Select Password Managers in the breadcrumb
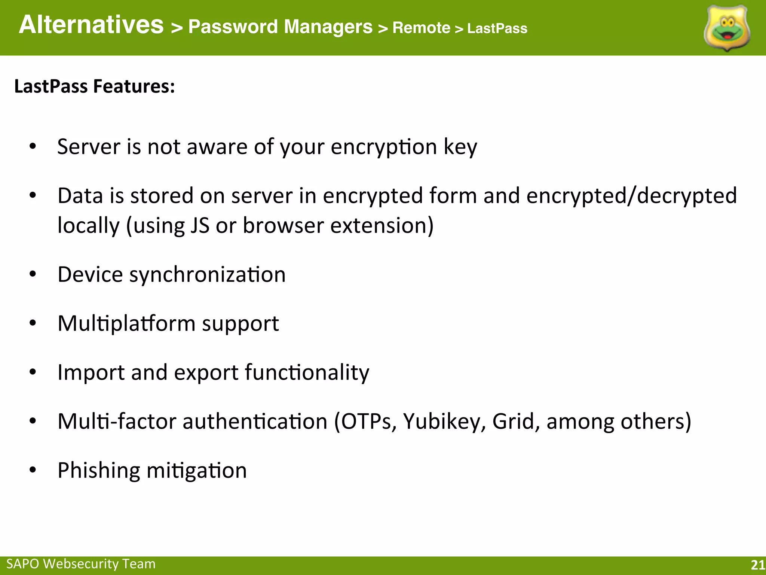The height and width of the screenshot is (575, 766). pos(280,27)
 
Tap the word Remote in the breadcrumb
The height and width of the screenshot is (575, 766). pos(421,28)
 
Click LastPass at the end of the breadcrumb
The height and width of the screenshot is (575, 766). pos(497,28)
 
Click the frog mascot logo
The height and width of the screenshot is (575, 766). pos(727,28)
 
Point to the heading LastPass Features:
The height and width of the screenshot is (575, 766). pos(95,86)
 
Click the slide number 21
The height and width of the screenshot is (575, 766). pos(758,565)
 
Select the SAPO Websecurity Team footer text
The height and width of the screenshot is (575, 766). pos(81,563)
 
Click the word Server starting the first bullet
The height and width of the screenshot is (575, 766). pos(89,146)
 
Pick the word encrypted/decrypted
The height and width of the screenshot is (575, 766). pos(631,196)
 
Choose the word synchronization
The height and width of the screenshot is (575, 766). pos(207,275)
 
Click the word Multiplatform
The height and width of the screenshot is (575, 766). pos(126,323)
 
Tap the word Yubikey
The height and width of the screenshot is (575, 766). pos(444,422)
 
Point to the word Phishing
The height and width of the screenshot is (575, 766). pos(99,470)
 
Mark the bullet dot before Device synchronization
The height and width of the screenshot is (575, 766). pos(33,274)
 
